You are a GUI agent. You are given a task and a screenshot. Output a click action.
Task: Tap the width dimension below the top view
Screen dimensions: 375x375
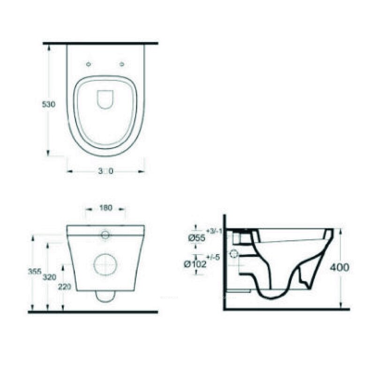(105, 172)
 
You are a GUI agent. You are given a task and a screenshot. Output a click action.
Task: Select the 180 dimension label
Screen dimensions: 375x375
(106, 208)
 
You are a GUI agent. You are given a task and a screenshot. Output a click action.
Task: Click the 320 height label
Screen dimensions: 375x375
(50, 277)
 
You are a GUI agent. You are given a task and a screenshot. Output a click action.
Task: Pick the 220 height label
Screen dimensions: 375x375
(65, 287)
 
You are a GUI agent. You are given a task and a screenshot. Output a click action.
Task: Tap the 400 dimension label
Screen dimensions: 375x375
(339, 268)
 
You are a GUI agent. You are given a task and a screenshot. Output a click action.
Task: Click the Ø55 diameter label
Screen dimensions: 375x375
(197, 238)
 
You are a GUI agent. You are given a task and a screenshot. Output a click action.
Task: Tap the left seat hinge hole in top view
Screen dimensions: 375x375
(89, 64)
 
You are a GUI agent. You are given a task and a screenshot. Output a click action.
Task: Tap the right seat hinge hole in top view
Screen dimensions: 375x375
(122, 64)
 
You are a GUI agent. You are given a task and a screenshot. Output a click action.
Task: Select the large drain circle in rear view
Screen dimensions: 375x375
(105, 265)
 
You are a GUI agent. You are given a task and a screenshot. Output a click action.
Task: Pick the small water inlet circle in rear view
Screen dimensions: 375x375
(105, 234)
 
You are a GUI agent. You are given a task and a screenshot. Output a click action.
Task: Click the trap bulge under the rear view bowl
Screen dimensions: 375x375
(105, 295)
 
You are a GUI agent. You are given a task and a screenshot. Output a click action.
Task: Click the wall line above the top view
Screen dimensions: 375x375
(100, 43)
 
